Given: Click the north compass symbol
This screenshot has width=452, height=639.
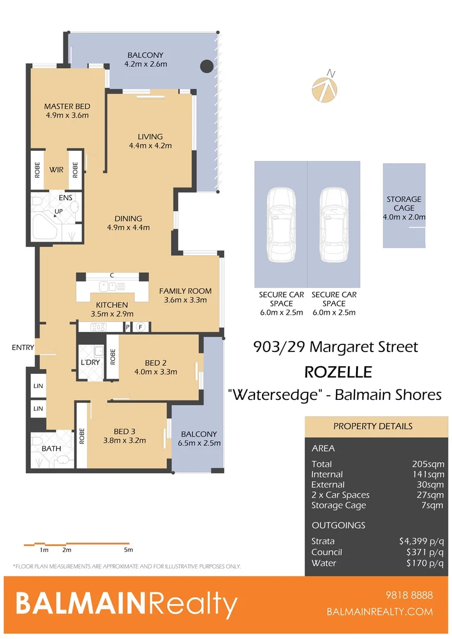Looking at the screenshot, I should tap(325, 87).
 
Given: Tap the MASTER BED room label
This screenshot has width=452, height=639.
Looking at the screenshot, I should tap(67, 106).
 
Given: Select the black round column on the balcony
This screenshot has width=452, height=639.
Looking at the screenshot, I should tap(206, 66).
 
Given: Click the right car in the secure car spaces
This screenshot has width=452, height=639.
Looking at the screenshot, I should tap(334, 225).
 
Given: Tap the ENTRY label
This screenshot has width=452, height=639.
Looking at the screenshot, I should tap(23, 348).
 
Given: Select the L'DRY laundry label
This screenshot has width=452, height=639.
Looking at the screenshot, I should tap(90, 363).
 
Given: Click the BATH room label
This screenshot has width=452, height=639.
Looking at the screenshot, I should tap(51, 448).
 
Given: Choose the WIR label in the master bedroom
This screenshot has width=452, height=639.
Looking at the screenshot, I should tap(56, 170).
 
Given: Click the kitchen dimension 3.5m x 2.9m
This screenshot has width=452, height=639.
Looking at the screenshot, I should tap(112, 314).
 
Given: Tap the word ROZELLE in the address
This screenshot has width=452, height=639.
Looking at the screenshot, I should tap(338, 372).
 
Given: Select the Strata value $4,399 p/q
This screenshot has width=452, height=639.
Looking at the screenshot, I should tap(421, 541).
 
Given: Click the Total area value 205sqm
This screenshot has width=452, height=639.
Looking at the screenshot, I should tap(428, 464).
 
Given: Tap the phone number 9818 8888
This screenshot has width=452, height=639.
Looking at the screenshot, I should tap(409, 595).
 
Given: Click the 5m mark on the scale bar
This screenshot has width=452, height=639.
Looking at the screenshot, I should tap(129, 550).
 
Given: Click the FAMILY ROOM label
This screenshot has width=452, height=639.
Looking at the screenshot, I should tap(185, 291).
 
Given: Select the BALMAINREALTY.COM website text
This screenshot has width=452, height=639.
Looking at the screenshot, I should tap(379, 612).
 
